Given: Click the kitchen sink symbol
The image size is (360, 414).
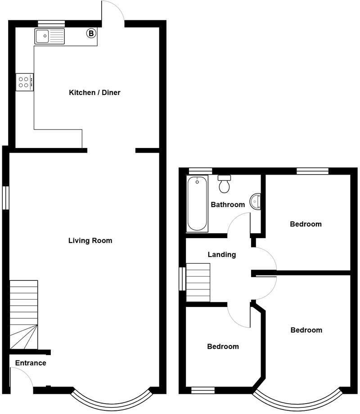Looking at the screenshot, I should coord(49,36).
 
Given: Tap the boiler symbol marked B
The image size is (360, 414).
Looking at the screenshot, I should coord(91,33).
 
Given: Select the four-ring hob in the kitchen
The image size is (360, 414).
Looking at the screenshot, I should coord(24,82).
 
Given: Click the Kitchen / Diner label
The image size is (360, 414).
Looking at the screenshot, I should coord(94,93).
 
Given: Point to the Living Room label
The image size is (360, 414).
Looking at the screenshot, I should coord(90,241).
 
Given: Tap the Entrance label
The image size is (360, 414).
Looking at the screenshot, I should coord(31,363).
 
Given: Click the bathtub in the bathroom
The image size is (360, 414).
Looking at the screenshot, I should coord(197,203).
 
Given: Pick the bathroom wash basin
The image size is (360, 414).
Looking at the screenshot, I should coord(256,201).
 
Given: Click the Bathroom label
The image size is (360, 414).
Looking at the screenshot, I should coord(228,205).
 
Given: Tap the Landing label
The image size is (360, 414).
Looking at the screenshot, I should coord(222,255).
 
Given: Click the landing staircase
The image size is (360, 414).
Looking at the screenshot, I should coord(198,283).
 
